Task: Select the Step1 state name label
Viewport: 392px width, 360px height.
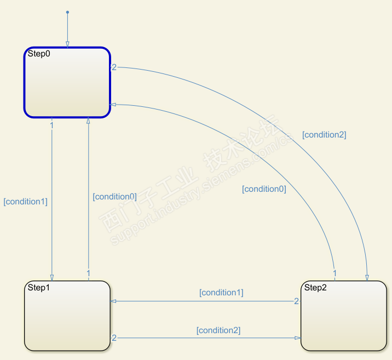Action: tap(39, 288)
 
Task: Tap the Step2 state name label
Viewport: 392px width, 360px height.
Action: tap(315, 288)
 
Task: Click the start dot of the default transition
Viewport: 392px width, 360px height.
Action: tap(67, 12)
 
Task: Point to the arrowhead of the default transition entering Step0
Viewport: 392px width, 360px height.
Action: tap(67, 44)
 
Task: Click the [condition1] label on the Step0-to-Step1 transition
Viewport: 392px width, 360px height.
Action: tap(26, 202)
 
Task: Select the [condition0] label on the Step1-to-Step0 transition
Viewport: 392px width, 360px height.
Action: tap(114, 196)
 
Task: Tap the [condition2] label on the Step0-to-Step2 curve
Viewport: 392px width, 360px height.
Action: tap(324, 134)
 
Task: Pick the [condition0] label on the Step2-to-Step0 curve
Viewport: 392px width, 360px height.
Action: tap(264, 189)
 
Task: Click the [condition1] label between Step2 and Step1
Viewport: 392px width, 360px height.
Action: tap(221, 293)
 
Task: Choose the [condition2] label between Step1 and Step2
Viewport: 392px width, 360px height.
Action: tap(218, 330)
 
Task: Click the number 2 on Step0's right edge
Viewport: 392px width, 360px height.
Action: tap(114, 67)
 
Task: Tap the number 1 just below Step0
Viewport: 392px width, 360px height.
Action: tap(51, 125)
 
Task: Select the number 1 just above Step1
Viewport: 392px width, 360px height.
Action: tap(88, 273)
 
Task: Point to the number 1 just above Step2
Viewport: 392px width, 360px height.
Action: tap(335, 273)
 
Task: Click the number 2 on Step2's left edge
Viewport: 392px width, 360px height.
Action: tap(296, 301)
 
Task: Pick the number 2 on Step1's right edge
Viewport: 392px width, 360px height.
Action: tap(114, 338)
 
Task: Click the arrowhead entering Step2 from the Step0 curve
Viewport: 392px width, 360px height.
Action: tap(367, 277)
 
